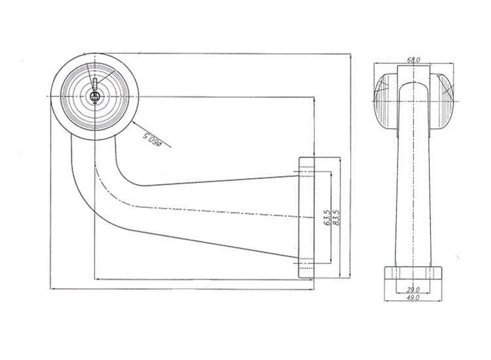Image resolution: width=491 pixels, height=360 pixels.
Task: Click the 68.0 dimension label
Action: [x=413, y=60]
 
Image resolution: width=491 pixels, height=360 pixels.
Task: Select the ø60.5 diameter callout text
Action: [x=152, y=139]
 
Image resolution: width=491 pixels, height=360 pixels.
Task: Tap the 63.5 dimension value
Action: [x=327, y=217]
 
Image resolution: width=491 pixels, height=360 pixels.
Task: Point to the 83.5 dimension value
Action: [x=336, y=217]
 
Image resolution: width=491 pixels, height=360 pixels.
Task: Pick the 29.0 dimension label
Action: [x=413, y=289]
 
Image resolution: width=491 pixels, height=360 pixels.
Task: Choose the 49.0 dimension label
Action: [x=413, y=298]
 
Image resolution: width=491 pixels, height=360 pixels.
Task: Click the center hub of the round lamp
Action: [x=94, y=97]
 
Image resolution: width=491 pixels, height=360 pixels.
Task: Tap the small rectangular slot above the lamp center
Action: [x=95, y=84]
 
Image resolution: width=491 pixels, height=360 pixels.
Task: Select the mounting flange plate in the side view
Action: [x=306, y=217]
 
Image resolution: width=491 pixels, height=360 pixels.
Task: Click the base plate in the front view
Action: [x=413, y=273]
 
